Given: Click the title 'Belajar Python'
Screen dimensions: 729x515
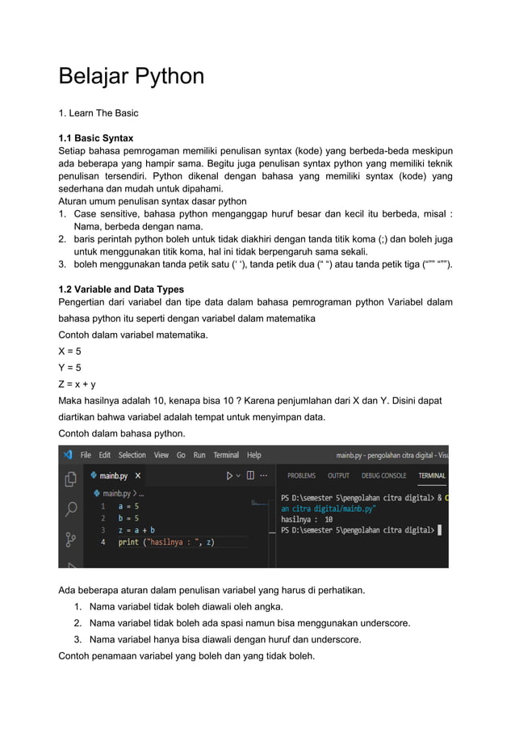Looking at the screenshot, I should tap(131, 77).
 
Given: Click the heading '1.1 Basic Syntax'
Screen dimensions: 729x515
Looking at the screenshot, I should tap(96, 138).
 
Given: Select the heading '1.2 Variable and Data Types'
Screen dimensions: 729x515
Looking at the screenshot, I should tap(121, 289).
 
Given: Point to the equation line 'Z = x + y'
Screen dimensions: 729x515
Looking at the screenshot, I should tap(77, 384).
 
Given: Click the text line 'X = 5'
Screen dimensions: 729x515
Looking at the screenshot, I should tap(69, 352).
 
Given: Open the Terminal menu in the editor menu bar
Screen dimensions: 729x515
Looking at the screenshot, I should tap(226, 455).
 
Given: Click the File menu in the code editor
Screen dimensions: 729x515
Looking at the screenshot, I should tap(85, 455).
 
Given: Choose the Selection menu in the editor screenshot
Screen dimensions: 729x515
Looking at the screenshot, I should tap(132, 455).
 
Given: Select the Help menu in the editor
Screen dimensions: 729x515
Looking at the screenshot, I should tap(254, 455).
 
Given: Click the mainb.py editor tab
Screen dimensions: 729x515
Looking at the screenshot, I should tap(113, 476).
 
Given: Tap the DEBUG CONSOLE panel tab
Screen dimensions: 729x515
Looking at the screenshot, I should tap(383, 476).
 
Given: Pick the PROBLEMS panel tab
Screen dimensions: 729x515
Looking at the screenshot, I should tap(301, 476).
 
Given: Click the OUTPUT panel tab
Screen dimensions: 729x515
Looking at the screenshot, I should tap(338, 476).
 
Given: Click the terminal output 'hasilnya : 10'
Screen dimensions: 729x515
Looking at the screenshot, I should tap(307, 520).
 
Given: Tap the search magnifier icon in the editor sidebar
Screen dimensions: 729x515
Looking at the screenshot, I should tap(71, 508).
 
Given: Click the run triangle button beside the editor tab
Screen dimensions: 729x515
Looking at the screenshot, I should tap(230, 476).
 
